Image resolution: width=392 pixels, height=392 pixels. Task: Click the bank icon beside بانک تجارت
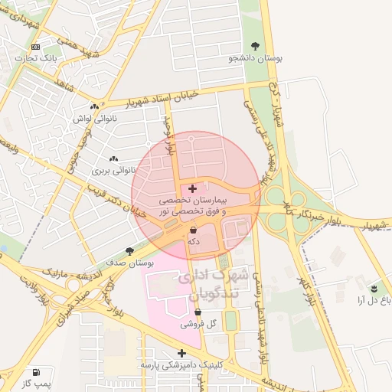pos(35,47)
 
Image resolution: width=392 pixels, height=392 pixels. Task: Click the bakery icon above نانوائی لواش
pos(94,107)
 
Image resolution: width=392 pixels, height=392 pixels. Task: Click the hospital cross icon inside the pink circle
pos(191,188)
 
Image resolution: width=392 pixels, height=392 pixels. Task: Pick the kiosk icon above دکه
pos(193,230)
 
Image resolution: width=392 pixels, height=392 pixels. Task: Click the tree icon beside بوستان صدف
pos(129,250)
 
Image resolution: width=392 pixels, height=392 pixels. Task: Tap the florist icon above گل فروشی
pos(198,312)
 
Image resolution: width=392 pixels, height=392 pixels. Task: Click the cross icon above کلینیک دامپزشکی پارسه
pos(181,353)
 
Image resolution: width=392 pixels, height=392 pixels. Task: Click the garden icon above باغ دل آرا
pos(374,289)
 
